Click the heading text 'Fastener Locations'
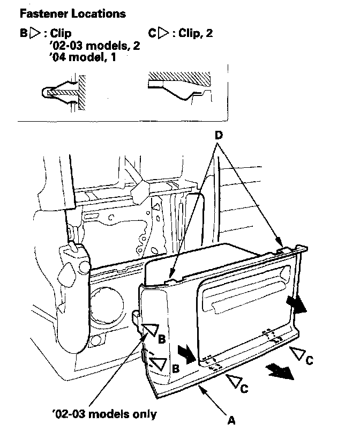point(72,13)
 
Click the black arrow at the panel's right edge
point(297,305)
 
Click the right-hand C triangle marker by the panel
point(297,354)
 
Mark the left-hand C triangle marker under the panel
point(233,381)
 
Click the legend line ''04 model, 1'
point(81,57)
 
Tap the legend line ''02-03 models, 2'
point(94,46)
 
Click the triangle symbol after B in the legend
point(35,33)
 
